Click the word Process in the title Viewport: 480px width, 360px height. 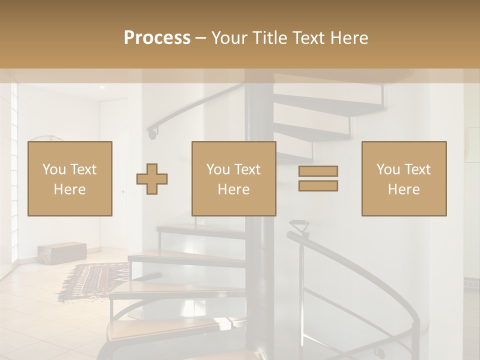tap(157, 37)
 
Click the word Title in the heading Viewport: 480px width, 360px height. tap(269, 37)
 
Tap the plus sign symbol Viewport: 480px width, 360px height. tap(152, 179)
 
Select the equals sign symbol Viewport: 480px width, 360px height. tap(318, 178)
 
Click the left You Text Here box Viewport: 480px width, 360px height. tap(70, 178)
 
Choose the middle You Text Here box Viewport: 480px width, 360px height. tap(234, 178)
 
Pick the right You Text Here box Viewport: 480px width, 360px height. tap(404, 178)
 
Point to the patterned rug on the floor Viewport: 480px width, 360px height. tap(94, 279)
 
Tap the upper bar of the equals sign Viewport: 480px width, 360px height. tap(318, 171)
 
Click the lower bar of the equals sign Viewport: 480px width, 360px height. tap(318, 186)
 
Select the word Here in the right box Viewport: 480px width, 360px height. tap(404, 189)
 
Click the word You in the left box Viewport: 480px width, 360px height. tap(53, 169)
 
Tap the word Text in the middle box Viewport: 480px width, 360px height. tap(247, 169)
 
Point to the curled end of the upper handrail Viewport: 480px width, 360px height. tap(152, 132)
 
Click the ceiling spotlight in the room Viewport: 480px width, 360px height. tap(102, 87)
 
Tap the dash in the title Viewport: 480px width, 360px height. tap(200, 38)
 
